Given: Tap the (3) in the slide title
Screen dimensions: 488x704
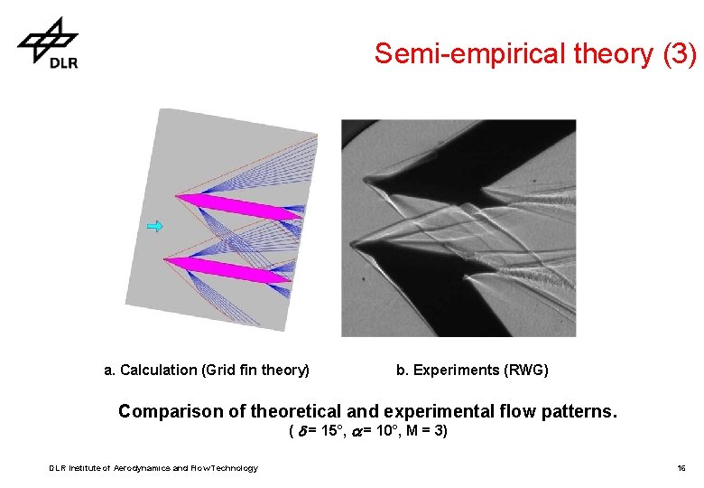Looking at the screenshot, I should pos(679,54).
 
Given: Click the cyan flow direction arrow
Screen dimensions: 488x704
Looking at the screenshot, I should pos(156,226).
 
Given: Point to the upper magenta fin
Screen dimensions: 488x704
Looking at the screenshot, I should pos(235,207).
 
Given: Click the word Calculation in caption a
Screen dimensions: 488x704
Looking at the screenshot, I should pos(158,370).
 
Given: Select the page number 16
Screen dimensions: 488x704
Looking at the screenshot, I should pos(681,468).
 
